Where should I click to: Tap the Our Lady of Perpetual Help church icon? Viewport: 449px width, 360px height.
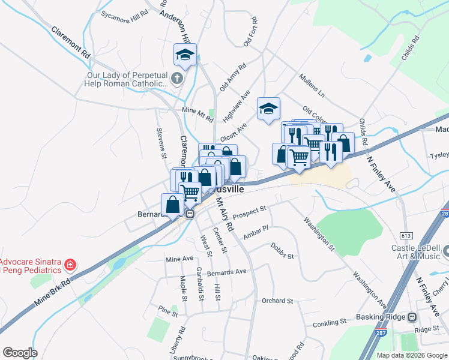pos(176,78)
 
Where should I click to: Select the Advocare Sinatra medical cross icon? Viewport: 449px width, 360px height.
pos(70,265)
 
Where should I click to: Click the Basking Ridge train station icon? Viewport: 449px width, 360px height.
pos(412,317)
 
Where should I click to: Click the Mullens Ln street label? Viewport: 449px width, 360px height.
pos(312,86)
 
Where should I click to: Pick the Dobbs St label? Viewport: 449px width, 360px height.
pos(282,251)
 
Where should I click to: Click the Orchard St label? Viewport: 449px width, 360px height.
pos(277,301)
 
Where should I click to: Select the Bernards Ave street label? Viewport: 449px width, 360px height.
pos(227,271)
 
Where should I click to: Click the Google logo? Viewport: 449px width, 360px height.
pos(20,352)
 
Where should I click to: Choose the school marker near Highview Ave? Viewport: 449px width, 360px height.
pos(269,109)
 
